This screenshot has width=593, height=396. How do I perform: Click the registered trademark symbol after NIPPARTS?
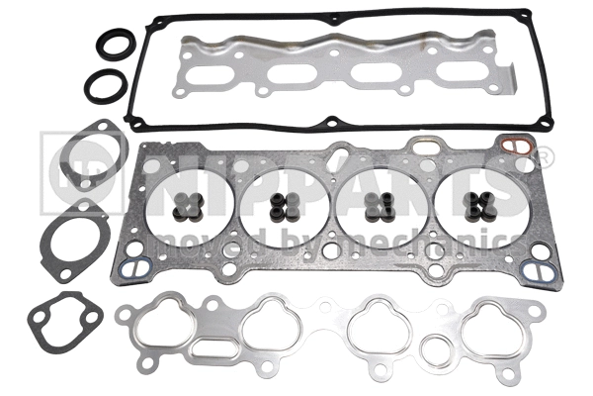(543, 157)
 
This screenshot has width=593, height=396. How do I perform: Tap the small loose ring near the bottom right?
(434, 349)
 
